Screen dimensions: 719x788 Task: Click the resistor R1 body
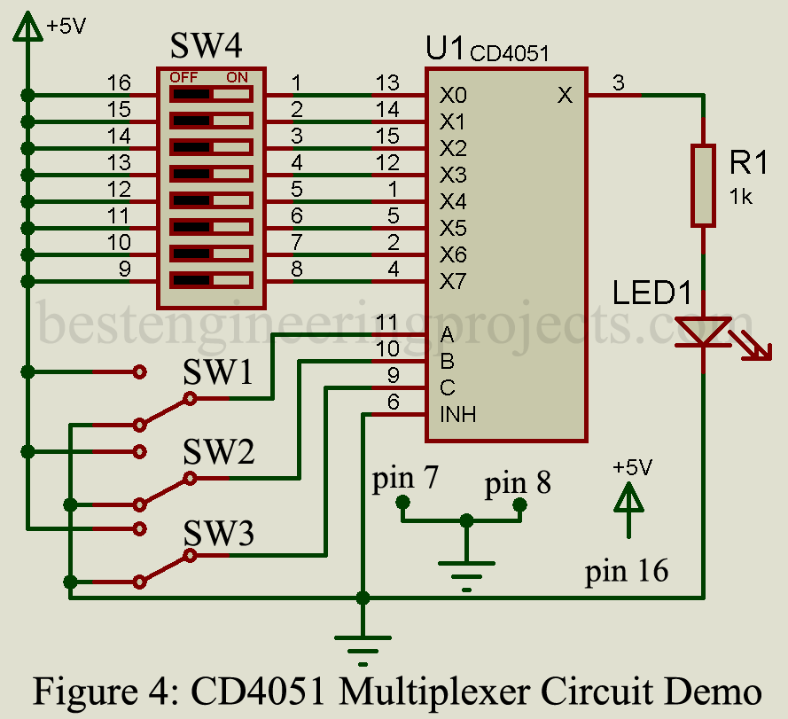tap(703, 185)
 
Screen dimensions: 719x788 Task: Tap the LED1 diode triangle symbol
tap(703, 332)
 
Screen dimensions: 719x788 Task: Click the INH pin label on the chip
tap(457, 414)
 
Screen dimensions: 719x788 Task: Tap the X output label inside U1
tap(565, 95)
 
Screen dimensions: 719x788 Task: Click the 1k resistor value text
tap(741, 197)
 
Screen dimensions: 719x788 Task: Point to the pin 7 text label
tap(405, 479)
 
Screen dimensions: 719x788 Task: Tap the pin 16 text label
tap(626, 572)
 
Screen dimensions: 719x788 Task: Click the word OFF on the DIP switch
tap(184, 77)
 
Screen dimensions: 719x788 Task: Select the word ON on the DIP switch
tap(237, 77)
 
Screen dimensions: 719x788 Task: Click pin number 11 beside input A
tap(386, 322)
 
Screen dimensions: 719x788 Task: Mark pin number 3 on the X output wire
tap(619, 83)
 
